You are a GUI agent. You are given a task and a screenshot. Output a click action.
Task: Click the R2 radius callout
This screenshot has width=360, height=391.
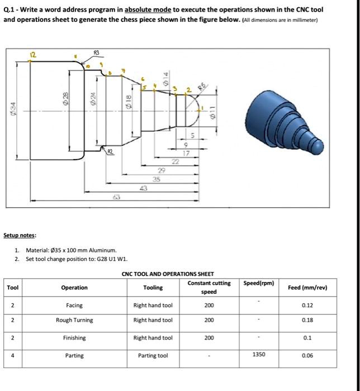111,151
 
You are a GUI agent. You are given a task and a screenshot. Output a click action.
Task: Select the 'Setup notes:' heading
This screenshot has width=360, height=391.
20,236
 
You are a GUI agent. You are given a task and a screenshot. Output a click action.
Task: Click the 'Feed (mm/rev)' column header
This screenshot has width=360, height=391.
307,288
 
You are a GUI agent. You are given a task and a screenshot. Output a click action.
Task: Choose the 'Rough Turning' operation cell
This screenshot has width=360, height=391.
74,321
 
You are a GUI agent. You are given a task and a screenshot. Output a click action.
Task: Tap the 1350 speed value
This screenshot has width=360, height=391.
258,354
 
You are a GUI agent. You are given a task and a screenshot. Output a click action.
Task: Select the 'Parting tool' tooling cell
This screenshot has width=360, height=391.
153,356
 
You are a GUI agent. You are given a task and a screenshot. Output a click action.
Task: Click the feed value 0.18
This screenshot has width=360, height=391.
307,321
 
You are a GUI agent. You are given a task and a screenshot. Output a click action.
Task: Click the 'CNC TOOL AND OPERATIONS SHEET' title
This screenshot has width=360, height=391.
167,274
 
